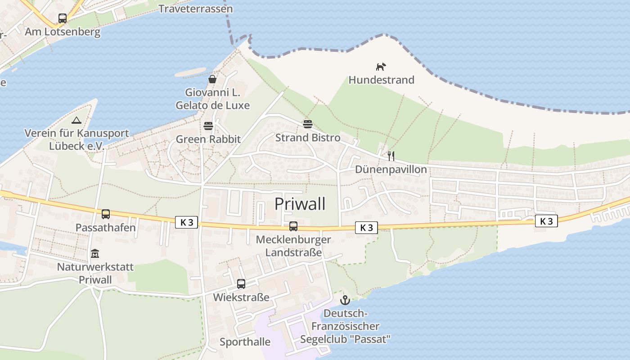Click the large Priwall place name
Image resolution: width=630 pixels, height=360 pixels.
(300, 204)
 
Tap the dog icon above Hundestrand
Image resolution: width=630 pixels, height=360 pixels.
(381, 67)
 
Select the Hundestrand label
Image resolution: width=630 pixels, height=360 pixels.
(381, 80)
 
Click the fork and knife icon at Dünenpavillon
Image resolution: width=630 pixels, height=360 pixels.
(391, 156)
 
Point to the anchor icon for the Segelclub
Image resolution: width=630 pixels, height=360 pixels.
(345, 300)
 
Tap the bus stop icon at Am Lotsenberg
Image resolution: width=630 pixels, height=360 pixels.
(63, 18)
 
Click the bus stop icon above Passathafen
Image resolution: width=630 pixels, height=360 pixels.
(106, 214)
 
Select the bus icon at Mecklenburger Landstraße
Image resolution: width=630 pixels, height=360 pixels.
(293, 226)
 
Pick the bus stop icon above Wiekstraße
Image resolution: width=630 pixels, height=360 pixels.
(241, 284)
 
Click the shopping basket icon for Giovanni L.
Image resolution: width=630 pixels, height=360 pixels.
(212, 80)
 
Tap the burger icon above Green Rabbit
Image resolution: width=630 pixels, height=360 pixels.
(208, 126)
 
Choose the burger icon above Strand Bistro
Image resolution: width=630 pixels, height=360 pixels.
(308, 124)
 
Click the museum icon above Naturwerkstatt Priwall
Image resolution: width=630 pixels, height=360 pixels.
(95, 254)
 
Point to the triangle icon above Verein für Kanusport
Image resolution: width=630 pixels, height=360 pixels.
(76, 120)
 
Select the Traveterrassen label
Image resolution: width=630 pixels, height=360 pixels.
(196, 9)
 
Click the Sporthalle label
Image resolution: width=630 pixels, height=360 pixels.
(245, 342)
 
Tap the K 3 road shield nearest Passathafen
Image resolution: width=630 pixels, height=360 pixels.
(186, 222)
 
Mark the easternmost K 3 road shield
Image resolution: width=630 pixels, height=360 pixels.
(546, 221)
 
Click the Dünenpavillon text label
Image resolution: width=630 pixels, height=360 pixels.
(391, 170)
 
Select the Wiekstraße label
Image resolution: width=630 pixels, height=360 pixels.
(241, 297)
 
